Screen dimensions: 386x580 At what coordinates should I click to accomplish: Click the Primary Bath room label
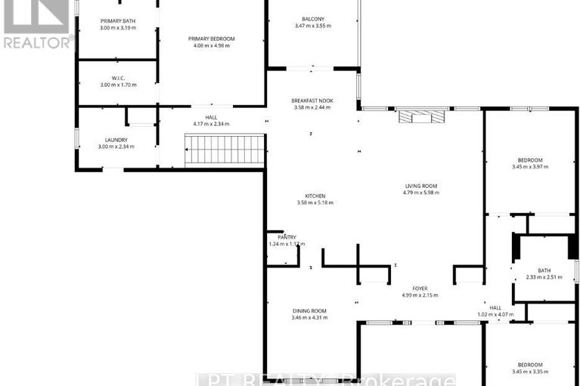117,20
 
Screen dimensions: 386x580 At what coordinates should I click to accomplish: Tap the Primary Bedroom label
212,39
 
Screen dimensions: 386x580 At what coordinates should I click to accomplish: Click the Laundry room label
116,139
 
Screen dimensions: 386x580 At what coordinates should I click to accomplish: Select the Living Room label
420,186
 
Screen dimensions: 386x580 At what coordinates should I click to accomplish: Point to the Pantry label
286,237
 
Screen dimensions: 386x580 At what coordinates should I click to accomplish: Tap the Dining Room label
309,310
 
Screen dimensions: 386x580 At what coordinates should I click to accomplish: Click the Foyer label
420,288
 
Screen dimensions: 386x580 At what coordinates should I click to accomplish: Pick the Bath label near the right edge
544,270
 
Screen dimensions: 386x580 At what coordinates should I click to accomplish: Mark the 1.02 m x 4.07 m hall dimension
495,314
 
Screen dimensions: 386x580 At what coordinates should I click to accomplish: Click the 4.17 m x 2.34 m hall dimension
211,124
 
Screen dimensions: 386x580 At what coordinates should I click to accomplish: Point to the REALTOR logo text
37,42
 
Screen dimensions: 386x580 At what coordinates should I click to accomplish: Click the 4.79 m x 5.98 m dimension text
420,193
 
